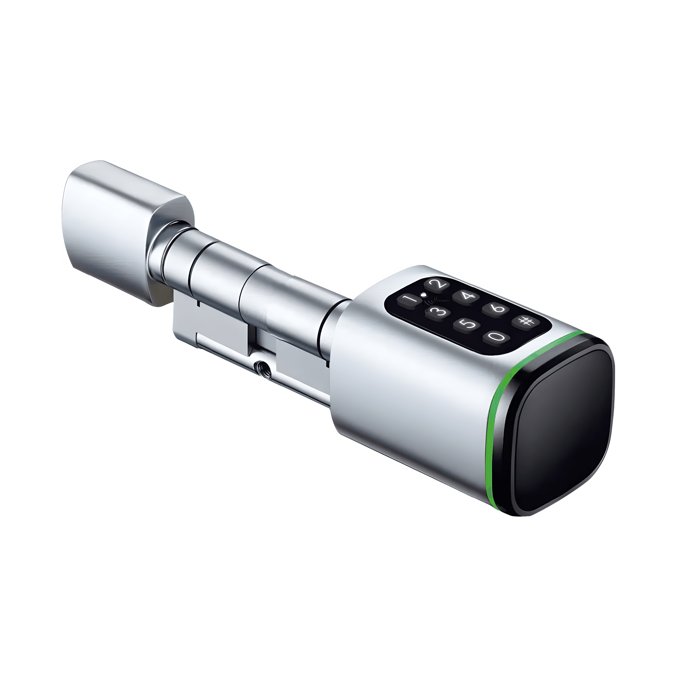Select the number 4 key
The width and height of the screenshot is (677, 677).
(466, 296)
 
